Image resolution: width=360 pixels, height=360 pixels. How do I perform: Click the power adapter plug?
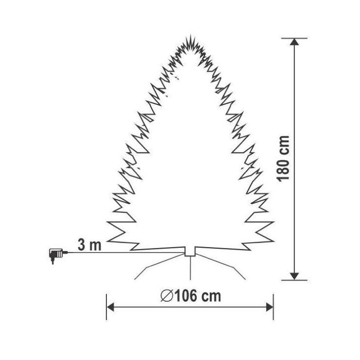56,255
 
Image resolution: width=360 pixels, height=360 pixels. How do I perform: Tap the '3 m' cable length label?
89,245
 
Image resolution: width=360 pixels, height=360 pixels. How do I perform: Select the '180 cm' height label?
283,159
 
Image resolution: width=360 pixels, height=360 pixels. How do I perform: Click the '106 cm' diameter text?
198,296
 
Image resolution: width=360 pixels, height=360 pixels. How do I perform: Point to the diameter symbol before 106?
167,296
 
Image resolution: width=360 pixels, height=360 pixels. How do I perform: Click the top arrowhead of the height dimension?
294,42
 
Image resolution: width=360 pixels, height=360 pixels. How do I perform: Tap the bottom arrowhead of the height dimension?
294,277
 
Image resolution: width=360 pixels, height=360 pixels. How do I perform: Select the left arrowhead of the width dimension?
111,307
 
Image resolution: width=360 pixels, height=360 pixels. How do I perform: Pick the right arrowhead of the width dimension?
269,307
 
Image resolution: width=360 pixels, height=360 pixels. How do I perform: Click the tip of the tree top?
191,35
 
